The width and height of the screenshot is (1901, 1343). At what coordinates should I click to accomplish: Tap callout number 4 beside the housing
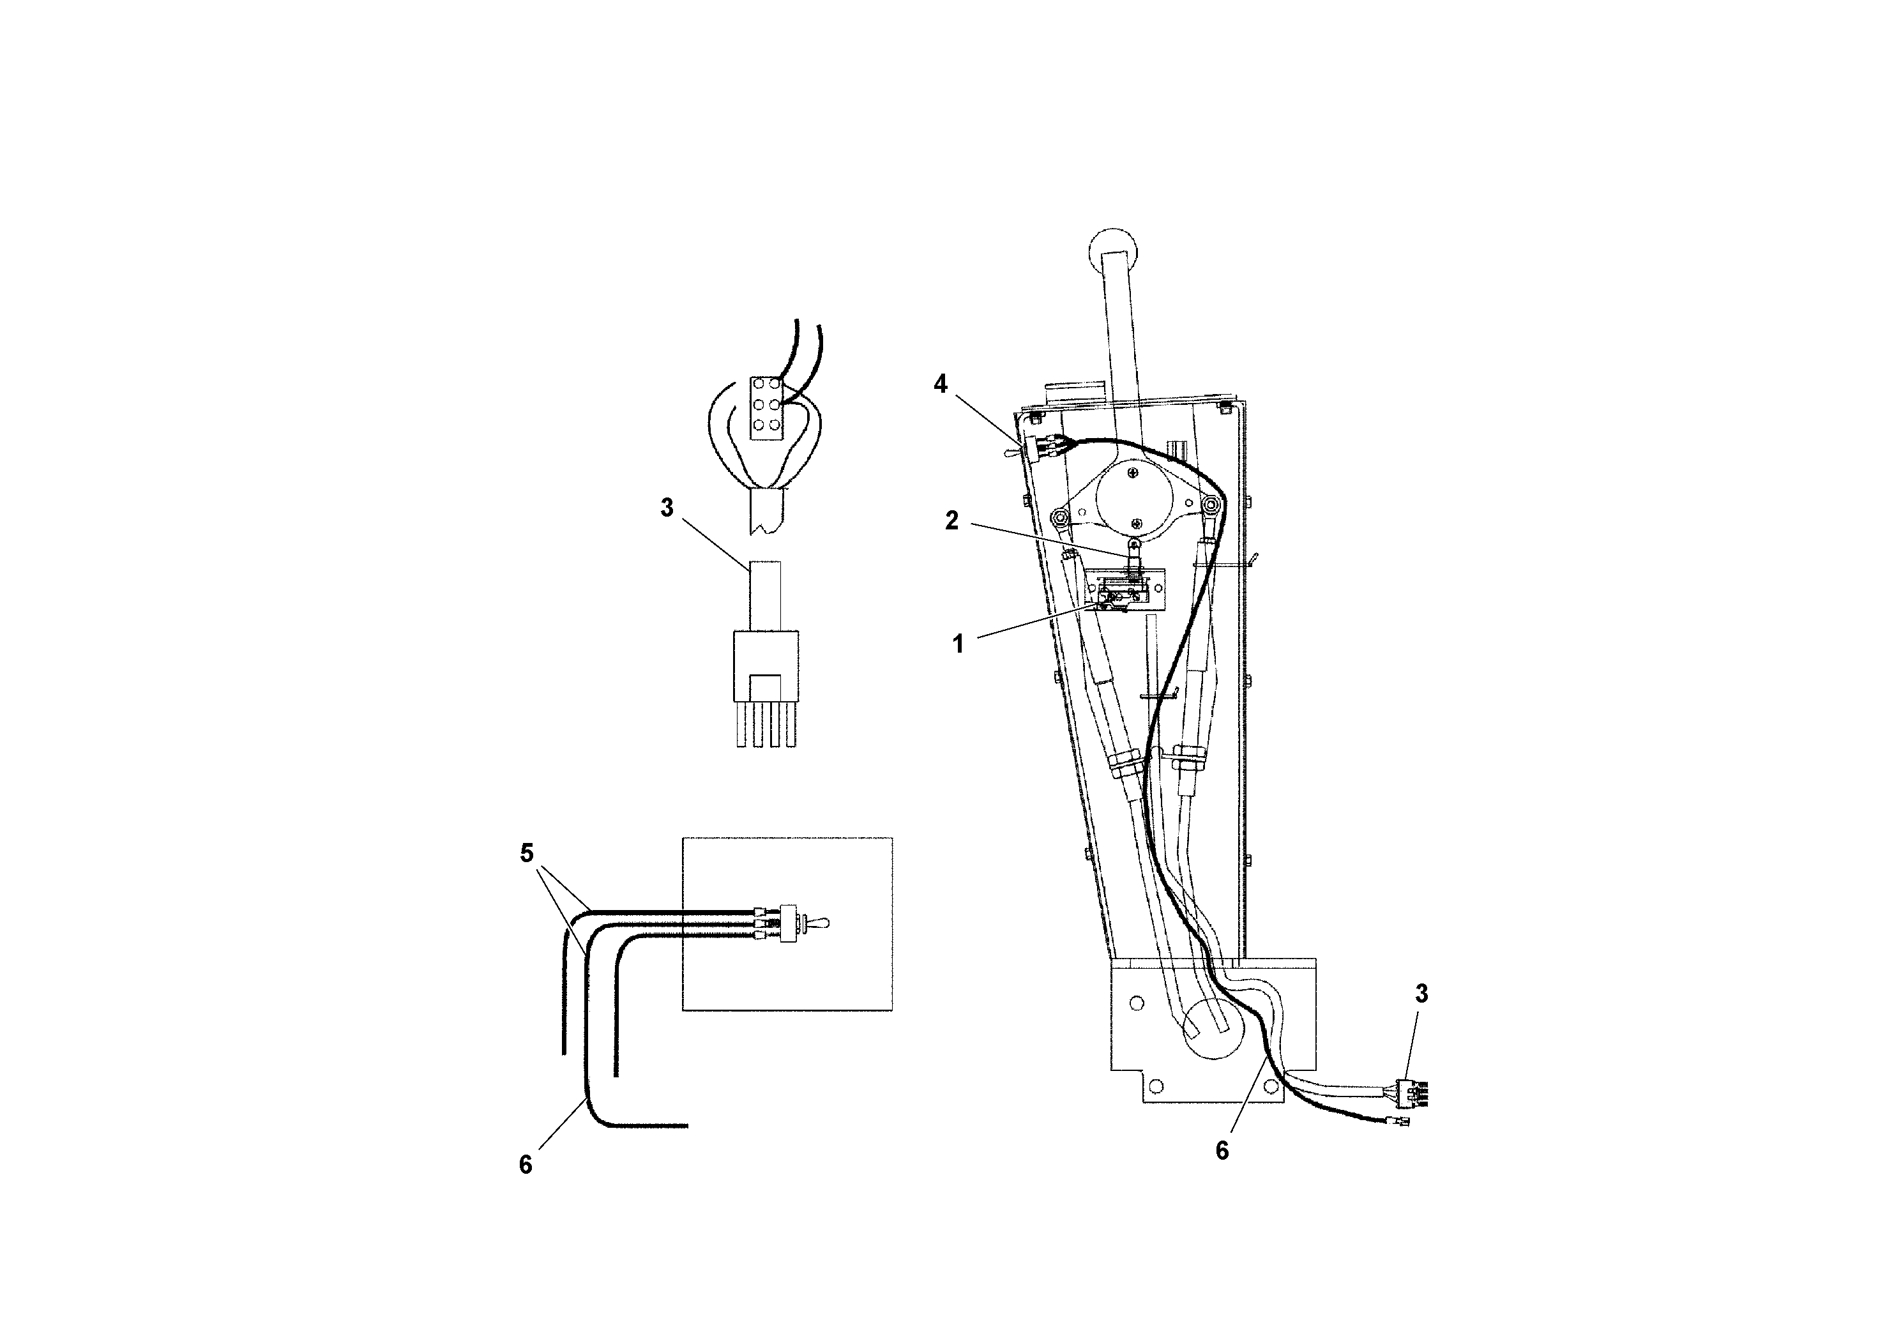(x=940, y=384)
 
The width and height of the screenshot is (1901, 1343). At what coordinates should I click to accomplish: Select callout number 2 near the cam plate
(x=951, y=521)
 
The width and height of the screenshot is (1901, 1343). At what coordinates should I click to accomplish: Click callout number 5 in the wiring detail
(x=527, y=853)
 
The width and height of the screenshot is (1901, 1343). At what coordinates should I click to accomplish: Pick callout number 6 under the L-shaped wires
(x=526, y=1165)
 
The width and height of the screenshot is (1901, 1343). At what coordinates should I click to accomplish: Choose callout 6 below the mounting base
(x=1222, y=1151)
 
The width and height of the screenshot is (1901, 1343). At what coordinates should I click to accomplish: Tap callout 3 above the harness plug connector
(x=1421, y=994)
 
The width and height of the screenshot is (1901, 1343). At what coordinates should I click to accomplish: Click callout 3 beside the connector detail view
(x=667, y=508)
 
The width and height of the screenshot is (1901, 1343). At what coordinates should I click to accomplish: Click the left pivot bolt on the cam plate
(x=1059, y=519)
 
